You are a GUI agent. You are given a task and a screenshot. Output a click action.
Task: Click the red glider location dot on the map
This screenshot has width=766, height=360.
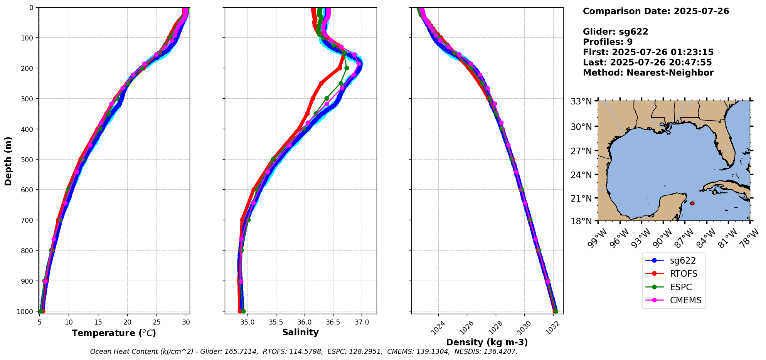coord(692,203)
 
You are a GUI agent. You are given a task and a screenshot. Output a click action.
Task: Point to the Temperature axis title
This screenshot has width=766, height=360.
coord(114,333)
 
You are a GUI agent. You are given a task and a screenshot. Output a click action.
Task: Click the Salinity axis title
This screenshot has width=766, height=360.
coord(300,332)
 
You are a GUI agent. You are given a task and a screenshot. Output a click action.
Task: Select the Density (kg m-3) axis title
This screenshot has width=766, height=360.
coord(487,342)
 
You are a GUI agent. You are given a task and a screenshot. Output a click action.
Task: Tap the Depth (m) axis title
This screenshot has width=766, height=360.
coord(8,161)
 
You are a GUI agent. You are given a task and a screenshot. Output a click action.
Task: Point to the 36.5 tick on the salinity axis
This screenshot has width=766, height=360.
coord(333,322)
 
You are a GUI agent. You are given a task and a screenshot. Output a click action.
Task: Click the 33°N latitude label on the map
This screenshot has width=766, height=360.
coord(581,101)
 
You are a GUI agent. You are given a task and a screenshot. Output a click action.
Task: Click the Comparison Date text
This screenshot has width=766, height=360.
coord(656,11)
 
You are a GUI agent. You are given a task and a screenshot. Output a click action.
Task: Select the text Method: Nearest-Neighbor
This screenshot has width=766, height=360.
coord(648,72)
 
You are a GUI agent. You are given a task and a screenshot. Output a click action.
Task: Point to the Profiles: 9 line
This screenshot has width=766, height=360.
coord(608,42)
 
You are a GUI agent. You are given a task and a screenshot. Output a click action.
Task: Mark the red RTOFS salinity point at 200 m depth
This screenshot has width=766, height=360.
coord(340,68)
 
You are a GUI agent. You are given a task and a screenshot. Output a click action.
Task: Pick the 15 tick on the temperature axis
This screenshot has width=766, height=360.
coord(98,322)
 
